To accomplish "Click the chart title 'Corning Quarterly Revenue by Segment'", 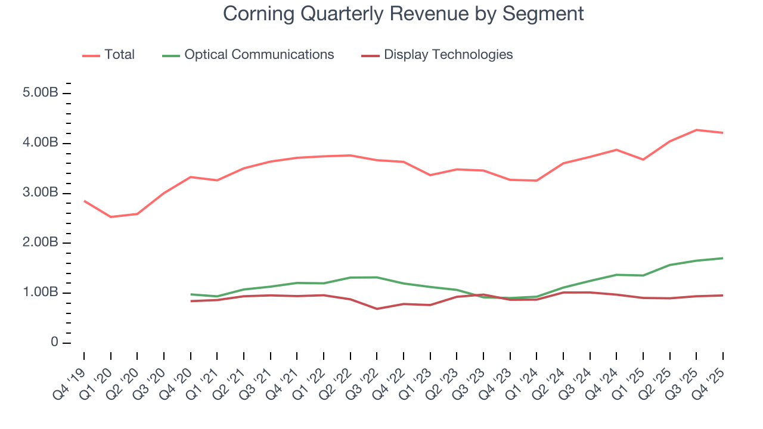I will [x=404, y=14].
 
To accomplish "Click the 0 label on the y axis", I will [x=54, y=343].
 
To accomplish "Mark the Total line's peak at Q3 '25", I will [x=696, y=130].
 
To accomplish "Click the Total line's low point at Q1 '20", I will [x=110, y=217].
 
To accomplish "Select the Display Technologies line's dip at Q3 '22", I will [x=377, y=309].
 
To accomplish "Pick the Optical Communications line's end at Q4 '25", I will [x=723, y=258].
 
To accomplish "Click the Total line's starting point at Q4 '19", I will [x=84, y=201].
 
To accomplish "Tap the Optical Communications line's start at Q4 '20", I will [x=191, y=294].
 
